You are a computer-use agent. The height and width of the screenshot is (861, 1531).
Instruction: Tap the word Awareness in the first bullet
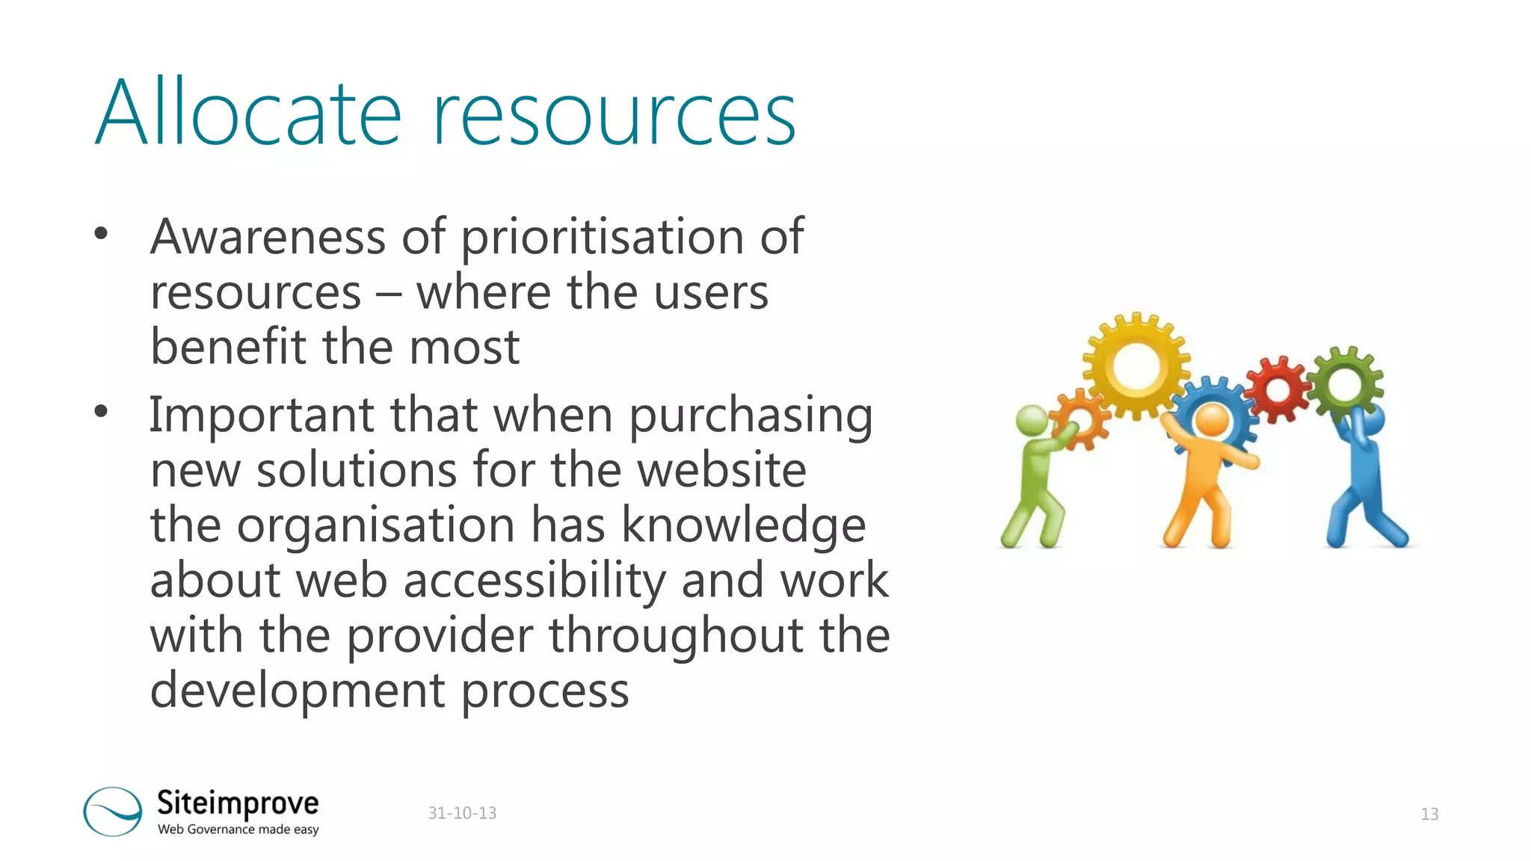268,237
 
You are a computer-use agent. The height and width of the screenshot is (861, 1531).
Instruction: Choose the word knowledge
744,525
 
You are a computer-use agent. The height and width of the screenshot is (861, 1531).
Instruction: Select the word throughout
677,636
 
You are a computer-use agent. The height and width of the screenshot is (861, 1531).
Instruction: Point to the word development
298,691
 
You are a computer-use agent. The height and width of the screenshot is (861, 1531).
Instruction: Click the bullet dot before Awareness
101,234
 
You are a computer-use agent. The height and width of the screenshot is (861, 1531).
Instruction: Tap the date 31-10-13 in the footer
462,813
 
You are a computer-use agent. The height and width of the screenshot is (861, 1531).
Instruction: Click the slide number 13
1429,814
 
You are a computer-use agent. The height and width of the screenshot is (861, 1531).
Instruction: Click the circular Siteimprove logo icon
112,811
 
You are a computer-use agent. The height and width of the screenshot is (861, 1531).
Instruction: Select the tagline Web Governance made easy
238,830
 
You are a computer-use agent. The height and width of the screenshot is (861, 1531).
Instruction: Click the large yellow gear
1136,365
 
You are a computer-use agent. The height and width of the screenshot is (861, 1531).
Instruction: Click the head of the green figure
1032,420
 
